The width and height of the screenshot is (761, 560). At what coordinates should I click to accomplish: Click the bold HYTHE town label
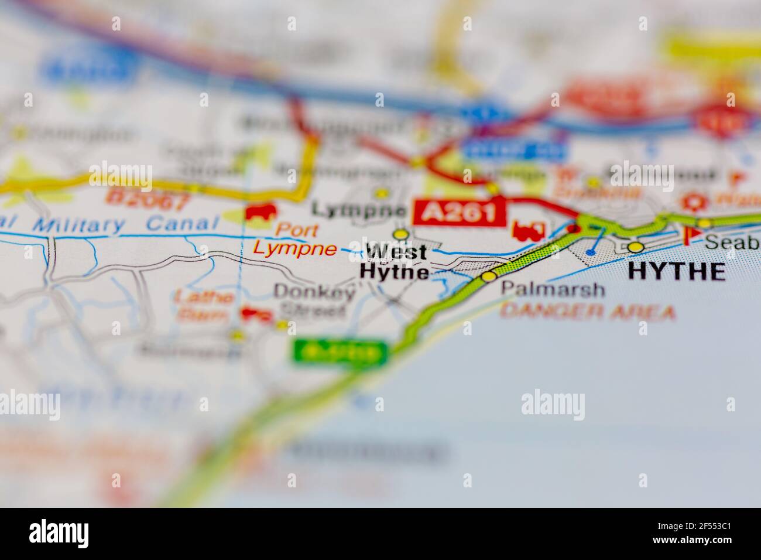point(676,271)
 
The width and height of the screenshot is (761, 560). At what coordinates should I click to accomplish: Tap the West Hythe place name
point(395,262)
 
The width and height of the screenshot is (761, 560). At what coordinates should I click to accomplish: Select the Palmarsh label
point(552,289)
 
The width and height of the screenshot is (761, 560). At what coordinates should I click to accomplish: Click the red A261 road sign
point(459,212)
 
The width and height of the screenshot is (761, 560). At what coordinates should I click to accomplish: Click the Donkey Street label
point(314,300)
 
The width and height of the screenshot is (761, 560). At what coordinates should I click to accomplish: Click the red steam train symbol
point(528,230)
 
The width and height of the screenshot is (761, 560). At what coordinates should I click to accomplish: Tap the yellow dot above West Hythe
point(400,235)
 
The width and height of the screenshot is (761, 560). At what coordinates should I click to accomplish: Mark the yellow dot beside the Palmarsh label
point(488,275)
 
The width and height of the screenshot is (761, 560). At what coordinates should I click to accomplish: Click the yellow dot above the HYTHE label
point(635,247)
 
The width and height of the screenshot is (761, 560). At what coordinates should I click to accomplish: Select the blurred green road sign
point(340,353)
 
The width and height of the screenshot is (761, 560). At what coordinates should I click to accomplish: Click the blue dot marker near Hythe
point(591,252)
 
